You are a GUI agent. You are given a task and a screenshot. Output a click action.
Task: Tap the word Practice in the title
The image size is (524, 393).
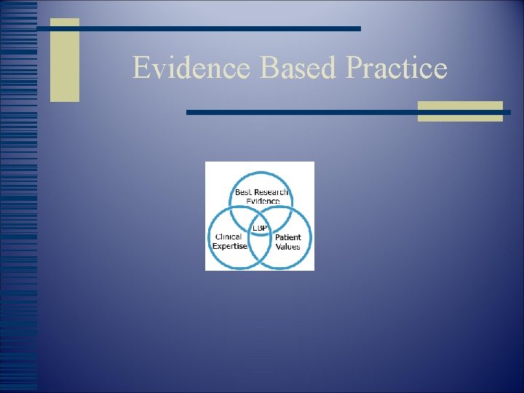(397, 68)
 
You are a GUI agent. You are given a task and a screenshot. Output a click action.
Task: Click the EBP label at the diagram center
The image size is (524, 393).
(261, 228)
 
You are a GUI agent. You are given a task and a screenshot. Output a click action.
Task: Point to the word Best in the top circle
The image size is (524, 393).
(243, 192)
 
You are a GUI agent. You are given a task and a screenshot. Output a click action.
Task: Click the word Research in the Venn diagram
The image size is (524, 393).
(271, 192)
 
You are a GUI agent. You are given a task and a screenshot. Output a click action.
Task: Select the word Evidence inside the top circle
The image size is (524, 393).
(262, 201)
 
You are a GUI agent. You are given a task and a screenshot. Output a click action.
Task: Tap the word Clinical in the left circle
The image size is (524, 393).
(229, 237)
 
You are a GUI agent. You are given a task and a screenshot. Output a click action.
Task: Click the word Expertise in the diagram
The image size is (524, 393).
(230, 246)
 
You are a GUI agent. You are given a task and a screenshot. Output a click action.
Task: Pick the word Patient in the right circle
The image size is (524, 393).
(288, 238)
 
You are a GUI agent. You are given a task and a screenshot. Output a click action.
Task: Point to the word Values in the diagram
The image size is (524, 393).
(287, 247)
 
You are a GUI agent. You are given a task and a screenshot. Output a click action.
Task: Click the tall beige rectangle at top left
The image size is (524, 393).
(65, 60)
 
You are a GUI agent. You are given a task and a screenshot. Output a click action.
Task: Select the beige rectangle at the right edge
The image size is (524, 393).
(460, 111)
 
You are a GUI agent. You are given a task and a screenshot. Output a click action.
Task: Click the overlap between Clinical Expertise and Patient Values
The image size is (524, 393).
(260, 247)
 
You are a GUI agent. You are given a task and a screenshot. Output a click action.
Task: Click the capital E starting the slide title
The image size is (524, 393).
(141, 68)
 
